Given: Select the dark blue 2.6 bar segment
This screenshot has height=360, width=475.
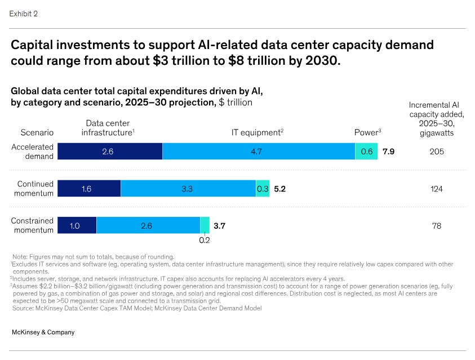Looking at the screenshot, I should pos(110,152).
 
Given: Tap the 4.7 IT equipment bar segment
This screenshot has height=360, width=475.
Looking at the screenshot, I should pos(259,152).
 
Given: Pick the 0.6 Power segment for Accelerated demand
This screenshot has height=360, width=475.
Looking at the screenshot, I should pos(366,152).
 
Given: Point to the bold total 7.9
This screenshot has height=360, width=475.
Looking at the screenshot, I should pos(388,152).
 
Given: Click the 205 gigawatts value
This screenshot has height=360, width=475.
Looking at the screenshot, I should pos(436,152).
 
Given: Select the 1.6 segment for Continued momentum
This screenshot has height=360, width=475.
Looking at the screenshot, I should pos(89,189).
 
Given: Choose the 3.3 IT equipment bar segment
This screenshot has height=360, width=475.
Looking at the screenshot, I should pos(188,189).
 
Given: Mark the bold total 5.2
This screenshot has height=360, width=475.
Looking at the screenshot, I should pos(280,189).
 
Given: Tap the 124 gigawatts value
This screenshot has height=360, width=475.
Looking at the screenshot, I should pos(436,189).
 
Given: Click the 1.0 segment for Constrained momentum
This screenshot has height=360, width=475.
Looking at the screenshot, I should pos(77,225).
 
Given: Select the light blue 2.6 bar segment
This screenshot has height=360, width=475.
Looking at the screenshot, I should pos(148,225).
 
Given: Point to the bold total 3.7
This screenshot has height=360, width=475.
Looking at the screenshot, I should pos(220,225).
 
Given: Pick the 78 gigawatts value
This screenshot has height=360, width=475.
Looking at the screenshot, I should pos(436,225).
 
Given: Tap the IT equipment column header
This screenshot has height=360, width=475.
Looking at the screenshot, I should pos(257,132).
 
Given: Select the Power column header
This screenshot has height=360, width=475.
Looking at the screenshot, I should pos(367,132).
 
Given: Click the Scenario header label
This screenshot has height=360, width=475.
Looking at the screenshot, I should pos(37,132).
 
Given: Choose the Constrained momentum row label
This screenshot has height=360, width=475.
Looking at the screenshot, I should pos(33,225).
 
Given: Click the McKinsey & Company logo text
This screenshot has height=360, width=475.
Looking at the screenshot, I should pos(43,332).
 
